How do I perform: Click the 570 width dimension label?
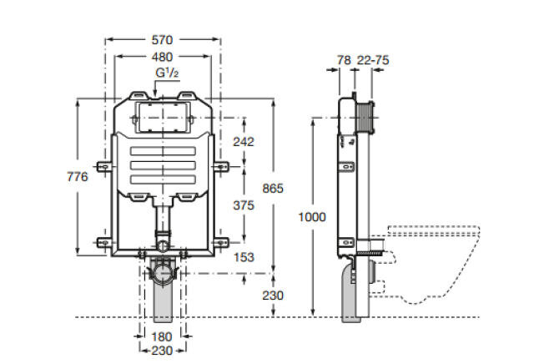162,40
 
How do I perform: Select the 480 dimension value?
162,57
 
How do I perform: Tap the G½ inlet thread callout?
167,73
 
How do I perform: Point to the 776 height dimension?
78,176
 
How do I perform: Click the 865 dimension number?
273,189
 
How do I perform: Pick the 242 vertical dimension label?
244,142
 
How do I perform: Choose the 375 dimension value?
244,205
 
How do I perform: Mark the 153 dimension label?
244,257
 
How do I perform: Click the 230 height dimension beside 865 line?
273,295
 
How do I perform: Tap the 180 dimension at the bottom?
162,336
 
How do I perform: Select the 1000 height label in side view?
312,216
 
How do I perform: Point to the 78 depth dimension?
344,60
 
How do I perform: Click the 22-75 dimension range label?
373,60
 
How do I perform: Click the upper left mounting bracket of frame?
104,166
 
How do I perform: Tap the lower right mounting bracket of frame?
221,242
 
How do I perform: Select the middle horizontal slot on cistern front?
163,165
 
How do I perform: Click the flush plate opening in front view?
163,118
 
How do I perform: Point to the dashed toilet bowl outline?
473,247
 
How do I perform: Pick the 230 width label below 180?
162,351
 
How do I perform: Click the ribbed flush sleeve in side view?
365,118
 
